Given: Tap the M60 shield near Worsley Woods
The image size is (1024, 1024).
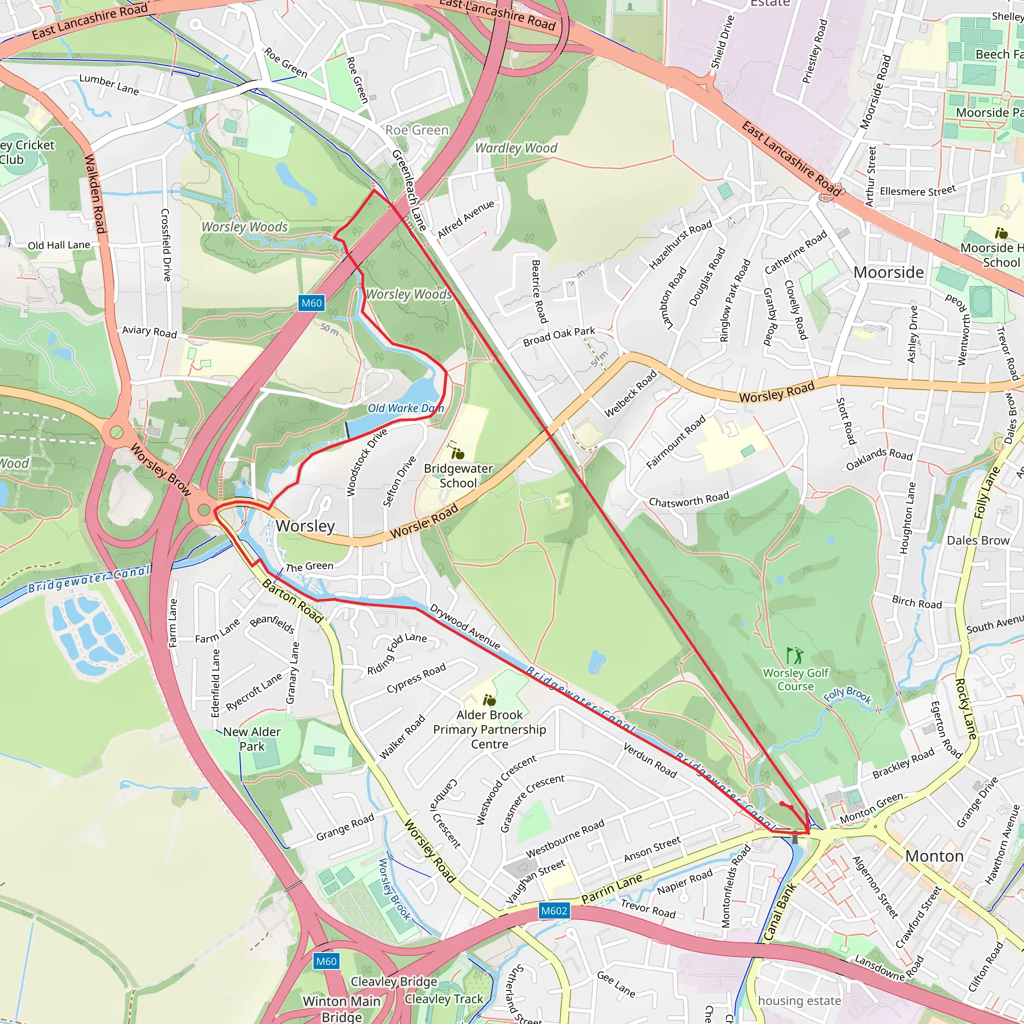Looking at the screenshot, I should pyautogui.click(x=311, y=303).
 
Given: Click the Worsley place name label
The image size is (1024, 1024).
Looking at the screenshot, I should pyautogui.click(x=305, y=526).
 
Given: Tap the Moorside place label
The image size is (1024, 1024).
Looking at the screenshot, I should pyautogui.click(x=888, y=272).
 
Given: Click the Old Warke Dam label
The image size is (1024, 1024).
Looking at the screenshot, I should pyautogui.click(x=405, y=408).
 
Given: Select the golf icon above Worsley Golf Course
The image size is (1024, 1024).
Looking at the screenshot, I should pyautogui.click(x=794, y=655).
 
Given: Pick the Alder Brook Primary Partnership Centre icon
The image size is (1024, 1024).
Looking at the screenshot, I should pyautogui.click(x=489, y=700).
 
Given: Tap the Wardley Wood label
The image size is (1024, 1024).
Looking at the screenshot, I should pyautogui.click(x=515, y=148).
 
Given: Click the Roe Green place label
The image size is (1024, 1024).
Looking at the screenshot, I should pyautogui.click(x=416, y=130).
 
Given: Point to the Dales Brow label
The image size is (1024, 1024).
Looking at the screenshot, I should pyautogui.click(x=978, y=540).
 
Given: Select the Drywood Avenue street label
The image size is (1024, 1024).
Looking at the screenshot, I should pyautogui.click(x=464, y=627).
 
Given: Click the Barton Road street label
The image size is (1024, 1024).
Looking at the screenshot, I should pyautogui.click(x=292, y=601).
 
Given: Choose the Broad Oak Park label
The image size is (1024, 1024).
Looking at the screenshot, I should pyautogui.click(x=558, y=336).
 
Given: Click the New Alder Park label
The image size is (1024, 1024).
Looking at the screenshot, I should pyautogui.click(x=252, y=739).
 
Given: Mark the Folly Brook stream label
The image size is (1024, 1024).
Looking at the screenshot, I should pyautogui.click(x=847, y=695).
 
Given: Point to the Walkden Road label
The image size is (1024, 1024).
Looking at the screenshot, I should pyautogui.click(x=95, y=193).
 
